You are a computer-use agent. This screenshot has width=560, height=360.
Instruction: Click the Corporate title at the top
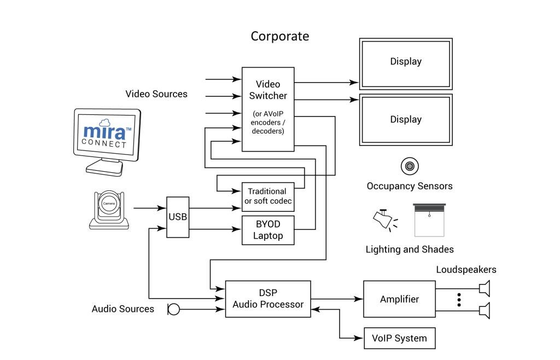click(279, 36)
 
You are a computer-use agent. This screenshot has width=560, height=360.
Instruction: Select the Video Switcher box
click(268, 109)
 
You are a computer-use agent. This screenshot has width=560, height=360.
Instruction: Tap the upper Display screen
click(405, 62)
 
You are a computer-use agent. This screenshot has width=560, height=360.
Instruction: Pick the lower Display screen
click(405, 119)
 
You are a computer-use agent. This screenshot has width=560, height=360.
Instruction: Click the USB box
click(177, 217)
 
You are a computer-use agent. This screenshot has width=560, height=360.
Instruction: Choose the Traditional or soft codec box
click(268, 196)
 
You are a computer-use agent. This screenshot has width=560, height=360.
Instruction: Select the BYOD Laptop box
click(268, 230)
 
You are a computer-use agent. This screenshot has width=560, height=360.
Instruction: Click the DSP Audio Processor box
click(268, 299)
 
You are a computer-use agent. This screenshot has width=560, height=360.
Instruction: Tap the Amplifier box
click(399, 299)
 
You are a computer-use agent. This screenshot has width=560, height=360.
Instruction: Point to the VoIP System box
click(399, 338)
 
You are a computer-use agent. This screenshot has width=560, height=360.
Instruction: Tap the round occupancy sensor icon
click(409, 165)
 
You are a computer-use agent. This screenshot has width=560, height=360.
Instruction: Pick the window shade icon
click(429, 219)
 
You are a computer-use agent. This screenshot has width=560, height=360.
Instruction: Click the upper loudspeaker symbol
click(484, 288)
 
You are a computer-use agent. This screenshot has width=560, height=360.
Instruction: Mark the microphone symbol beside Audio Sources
click(174, 310)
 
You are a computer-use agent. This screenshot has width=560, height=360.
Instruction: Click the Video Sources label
click(156, 94)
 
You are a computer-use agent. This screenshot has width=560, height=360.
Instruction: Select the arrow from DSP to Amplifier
click(337, 299)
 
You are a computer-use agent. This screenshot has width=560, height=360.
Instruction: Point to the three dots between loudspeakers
click(459, 300)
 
